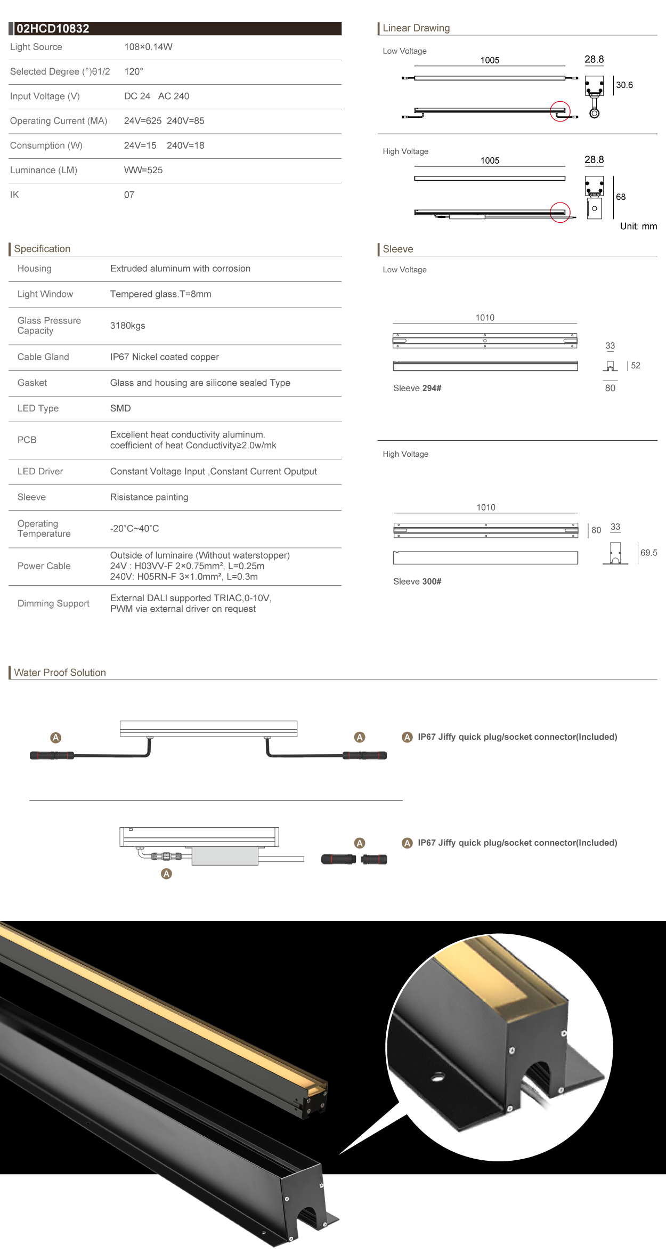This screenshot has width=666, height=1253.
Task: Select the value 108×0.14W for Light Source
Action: coord(148,47)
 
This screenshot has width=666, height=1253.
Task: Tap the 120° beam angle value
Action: coord(133,71)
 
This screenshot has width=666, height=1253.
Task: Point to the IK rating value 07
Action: coord(129,195)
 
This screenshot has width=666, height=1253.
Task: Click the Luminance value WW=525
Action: coord(143,170)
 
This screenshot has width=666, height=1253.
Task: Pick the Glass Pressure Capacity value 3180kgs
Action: coord(127,326)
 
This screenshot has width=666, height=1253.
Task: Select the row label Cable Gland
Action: coord(43,357)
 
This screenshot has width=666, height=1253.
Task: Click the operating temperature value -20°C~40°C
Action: coord(134,529)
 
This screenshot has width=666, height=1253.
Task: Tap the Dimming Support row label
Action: coord(53,603)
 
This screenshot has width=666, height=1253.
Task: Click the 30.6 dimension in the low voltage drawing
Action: coord(624,85)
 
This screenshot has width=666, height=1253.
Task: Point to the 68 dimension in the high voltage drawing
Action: coord(621,197)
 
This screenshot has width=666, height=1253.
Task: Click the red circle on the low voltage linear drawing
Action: coord(560,111)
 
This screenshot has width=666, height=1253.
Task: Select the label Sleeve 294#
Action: coord(417,388)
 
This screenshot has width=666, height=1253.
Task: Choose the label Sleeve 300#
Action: coord(417,581)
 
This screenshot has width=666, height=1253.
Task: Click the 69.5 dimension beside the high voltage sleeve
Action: coord(648,553)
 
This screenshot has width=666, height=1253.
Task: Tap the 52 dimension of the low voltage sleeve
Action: coord(635,366)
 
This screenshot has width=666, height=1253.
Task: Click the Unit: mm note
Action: coord(638,227)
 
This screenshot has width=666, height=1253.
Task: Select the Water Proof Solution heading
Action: coord(60,673)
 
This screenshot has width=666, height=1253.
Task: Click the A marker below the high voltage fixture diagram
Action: coord(166,874)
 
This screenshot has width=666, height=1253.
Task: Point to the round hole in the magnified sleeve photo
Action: coord(438,1077)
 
